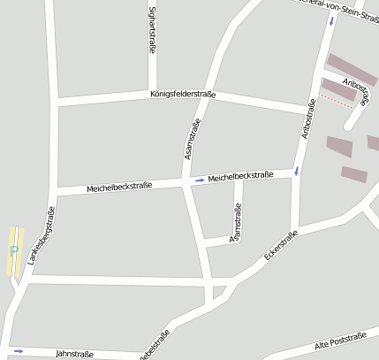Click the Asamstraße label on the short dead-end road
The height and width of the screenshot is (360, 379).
click(x=236, y=223)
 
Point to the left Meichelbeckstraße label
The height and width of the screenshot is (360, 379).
click(x=119, y=188)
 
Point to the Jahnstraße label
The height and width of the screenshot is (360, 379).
click(x=74, y=353)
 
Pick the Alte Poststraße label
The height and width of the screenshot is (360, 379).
click(x=339, y=341)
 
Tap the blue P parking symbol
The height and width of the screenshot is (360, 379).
click(x=13, y=250)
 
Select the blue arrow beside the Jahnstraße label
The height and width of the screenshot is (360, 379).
click(x=19, y=351)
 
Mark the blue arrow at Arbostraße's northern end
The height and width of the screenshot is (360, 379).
click(x=332, y=20)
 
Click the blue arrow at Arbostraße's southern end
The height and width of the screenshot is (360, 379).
click(x=297, y=170)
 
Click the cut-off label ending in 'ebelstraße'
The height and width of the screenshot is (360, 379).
click(x=153, y=346)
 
